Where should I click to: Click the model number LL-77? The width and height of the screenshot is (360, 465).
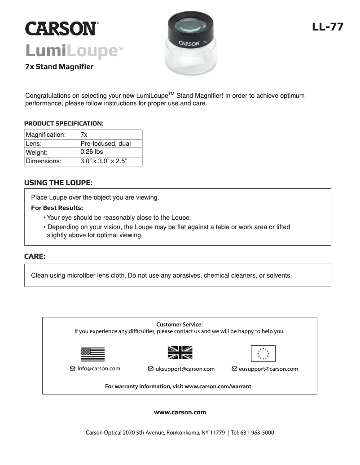pyautogui.click(x=328, y=27)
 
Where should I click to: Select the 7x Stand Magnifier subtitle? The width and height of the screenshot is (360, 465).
pyautogui.click(x=59, y=67)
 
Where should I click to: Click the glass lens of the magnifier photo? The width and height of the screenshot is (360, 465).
pyautogui.click(x=192, y=25)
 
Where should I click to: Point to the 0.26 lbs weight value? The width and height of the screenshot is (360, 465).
pyautogui.click(x=92, y=152)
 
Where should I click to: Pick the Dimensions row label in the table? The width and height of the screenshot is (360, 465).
pyautogui.click(x=44, y=161)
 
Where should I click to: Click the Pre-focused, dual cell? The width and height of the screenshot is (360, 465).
pyautogui.click(x=105, y=143)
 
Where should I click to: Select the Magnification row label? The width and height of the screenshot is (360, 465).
pyautogui.click(x=46, y=135)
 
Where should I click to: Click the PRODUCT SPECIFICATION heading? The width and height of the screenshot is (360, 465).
pyautogui.click(x=64, y=123)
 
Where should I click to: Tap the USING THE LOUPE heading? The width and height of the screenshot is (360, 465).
pyautogui.click(x=58, y=183)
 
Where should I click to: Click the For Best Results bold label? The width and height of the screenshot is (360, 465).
pyautogui.click(x=57, y=208)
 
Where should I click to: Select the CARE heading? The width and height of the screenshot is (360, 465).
pyautogui.click(x=35, y=257)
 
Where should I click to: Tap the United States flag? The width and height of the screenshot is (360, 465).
pyautogui.click(x=92, y=354)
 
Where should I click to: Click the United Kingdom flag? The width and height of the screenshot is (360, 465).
pyautogui.click(x=180, y=353)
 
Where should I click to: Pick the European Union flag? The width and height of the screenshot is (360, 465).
pyautogui.click(x=263, y=354)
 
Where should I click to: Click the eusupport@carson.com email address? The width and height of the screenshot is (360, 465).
pyautogui.click(x=268, y=369)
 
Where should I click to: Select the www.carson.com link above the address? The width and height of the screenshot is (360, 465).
pyautogui.click(x=180, y=412)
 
